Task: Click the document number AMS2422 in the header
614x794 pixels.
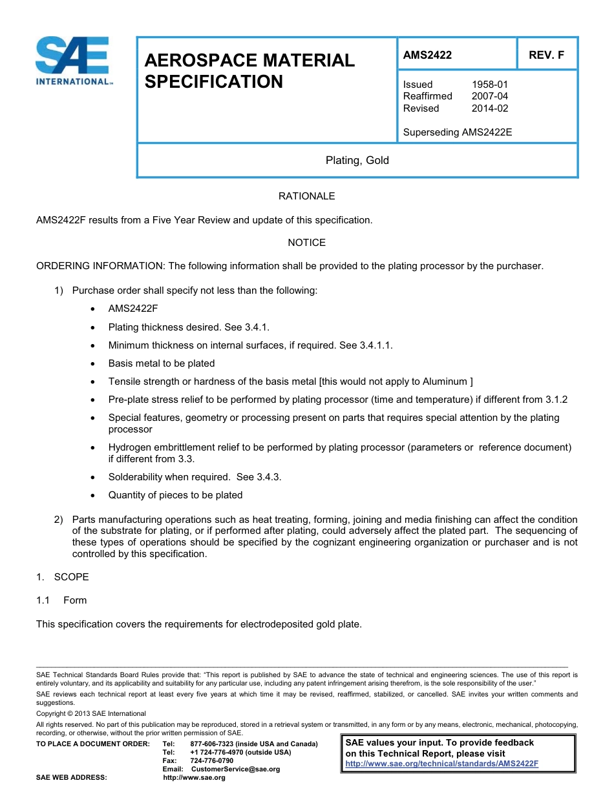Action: pos(427,55)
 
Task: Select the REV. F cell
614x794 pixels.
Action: pos(546,55)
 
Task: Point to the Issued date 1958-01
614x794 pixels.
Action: pos(490,85)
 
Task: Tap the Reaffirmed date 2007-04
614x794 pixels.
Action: pos(490,96)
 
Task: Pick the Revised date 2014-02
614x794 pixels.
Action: pos(490,108)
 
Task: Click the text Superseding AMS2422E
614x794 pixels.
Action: pos(457,132)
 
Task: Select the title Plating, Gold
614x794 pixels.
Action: pos(357,160)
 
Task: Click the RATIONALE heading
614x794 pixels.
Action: pos(306,196)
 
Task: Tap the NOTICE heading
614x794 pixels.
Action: pos(306,243)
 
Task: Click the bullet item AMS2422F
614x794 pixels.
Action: pos(133,309)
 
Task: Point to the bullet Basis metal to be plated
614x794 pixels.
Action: pos(162,363)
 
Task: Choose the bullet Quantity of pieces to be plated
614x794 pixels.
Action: pos(175,495)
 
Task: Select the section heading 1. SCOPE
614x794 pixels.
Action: pos(63,577)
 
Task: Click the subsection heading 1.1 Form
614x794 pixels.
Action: pos(62,600)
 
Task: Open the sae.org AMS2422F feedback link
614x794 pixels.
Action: pos(441,764)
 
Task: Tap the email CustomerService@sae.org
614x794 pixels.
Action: pos(236,769)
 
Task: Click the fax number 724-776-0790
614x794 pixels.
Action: pos(212,760)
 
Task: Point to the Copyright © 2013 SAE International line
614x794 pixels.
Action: pos(91,713)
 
